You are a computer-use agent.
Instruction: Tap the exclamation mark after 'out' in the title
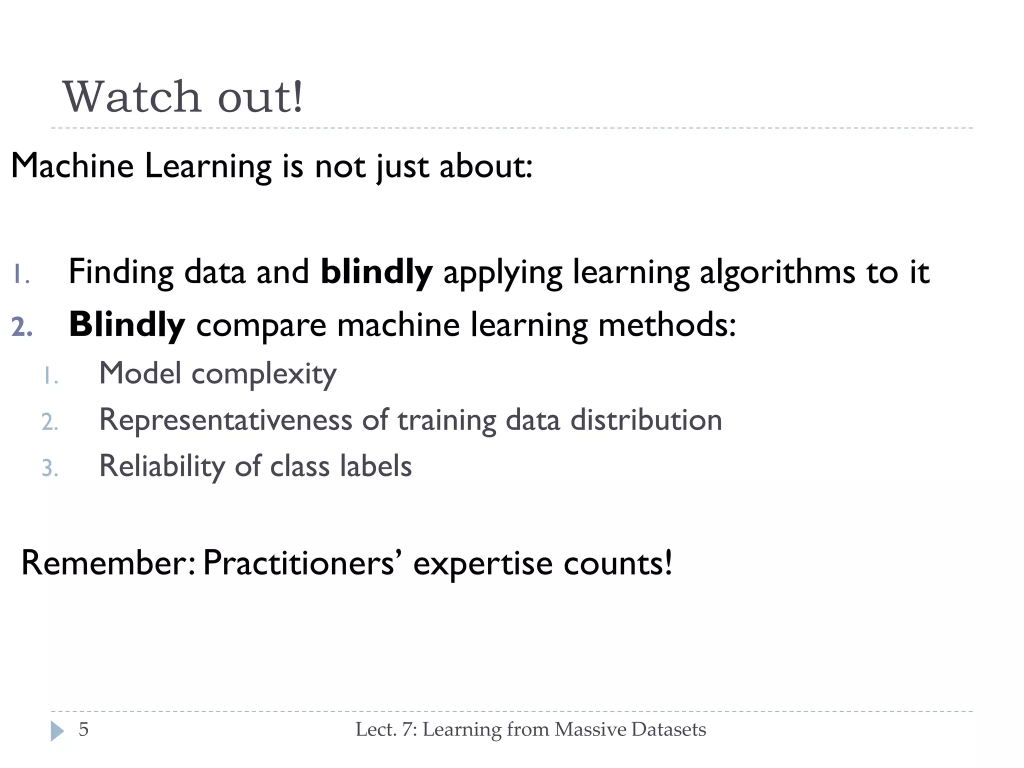(297, 97)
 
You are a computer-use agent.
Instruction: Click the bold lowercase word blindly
(376, 273)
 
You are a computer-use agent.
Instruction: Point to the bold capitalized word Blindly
(127, 325)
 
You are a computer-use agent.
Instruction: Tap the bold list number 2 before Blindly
(22, 328)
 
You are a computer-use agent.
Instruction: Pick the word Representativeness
(225, 420)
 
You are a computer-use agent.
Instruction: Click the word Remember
(107, 563)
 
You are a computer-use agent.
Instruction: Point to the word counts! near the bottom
(618, 563)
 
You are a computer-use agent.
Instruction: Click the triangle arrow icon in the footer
(57, 731)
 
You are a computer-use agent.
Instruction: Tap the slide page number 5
(83, 729)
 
